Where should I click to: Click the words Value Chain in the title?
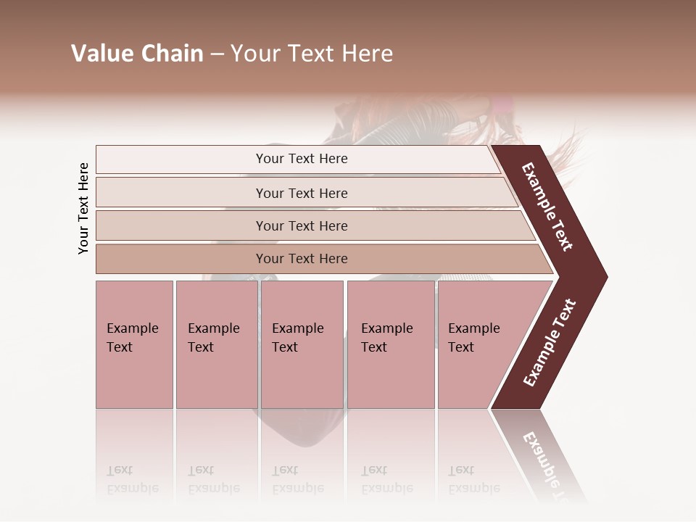[x=137, y=54]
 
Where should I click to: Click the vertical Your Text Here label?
[x=83, y=208]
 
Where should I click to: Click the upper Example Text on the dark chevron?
[x=547, y=207]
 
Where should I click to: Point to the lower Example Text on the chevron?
[x=550, y=343]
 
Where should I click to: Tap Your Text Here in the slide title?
[x=312, y=54]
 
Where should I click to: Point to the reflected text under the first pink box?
[x=132, y=479]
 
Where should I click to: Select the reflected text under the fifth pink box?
[x=473, y=479]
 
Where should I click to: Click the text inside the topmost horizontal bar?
[x=302, y=159]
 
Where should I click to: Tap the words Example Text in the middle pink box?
[x=297, y=337]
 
